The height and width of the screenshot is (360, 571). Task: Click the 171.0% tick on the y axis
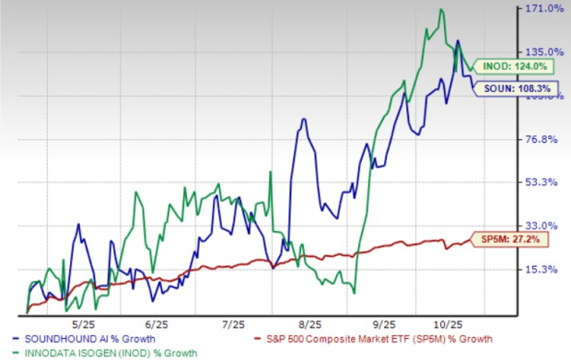pos(543,9)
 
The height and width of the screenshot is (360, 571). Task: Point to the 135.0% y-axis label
pos(543,52)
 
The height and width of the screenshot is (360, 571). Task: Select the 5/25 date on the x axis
pos(84,324)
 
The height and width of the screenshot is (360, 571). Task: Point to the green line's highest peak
pos(442,10)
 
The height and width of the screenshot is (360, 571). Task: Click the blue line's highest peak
pos(458,41)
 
